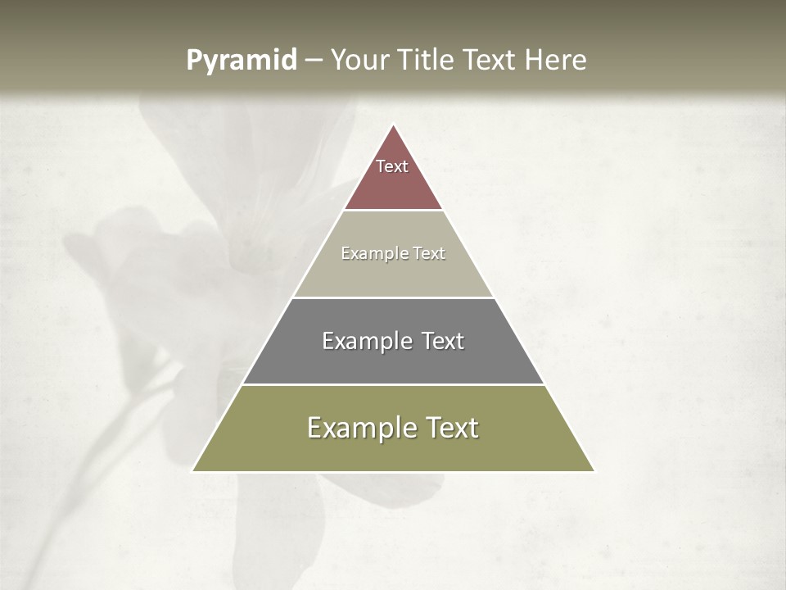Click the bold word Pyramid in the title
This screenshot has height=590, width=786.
coord(241,60)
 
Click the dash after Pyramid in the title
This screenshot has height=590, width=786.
coord(314,61)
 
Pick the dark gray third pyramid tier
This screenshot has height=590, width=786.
coord(393,361)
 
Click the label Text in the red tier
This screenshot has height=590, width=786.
coord(392,166)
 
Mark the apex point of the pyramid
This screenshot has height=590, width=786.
coord(393,125)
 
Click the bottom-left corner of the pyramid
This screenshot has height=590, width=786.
coord(193,470)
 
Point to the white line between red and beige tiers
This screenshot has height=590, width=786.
coord(393,211)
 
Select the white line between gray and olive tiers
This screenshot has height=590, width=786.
coord(393,384)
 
